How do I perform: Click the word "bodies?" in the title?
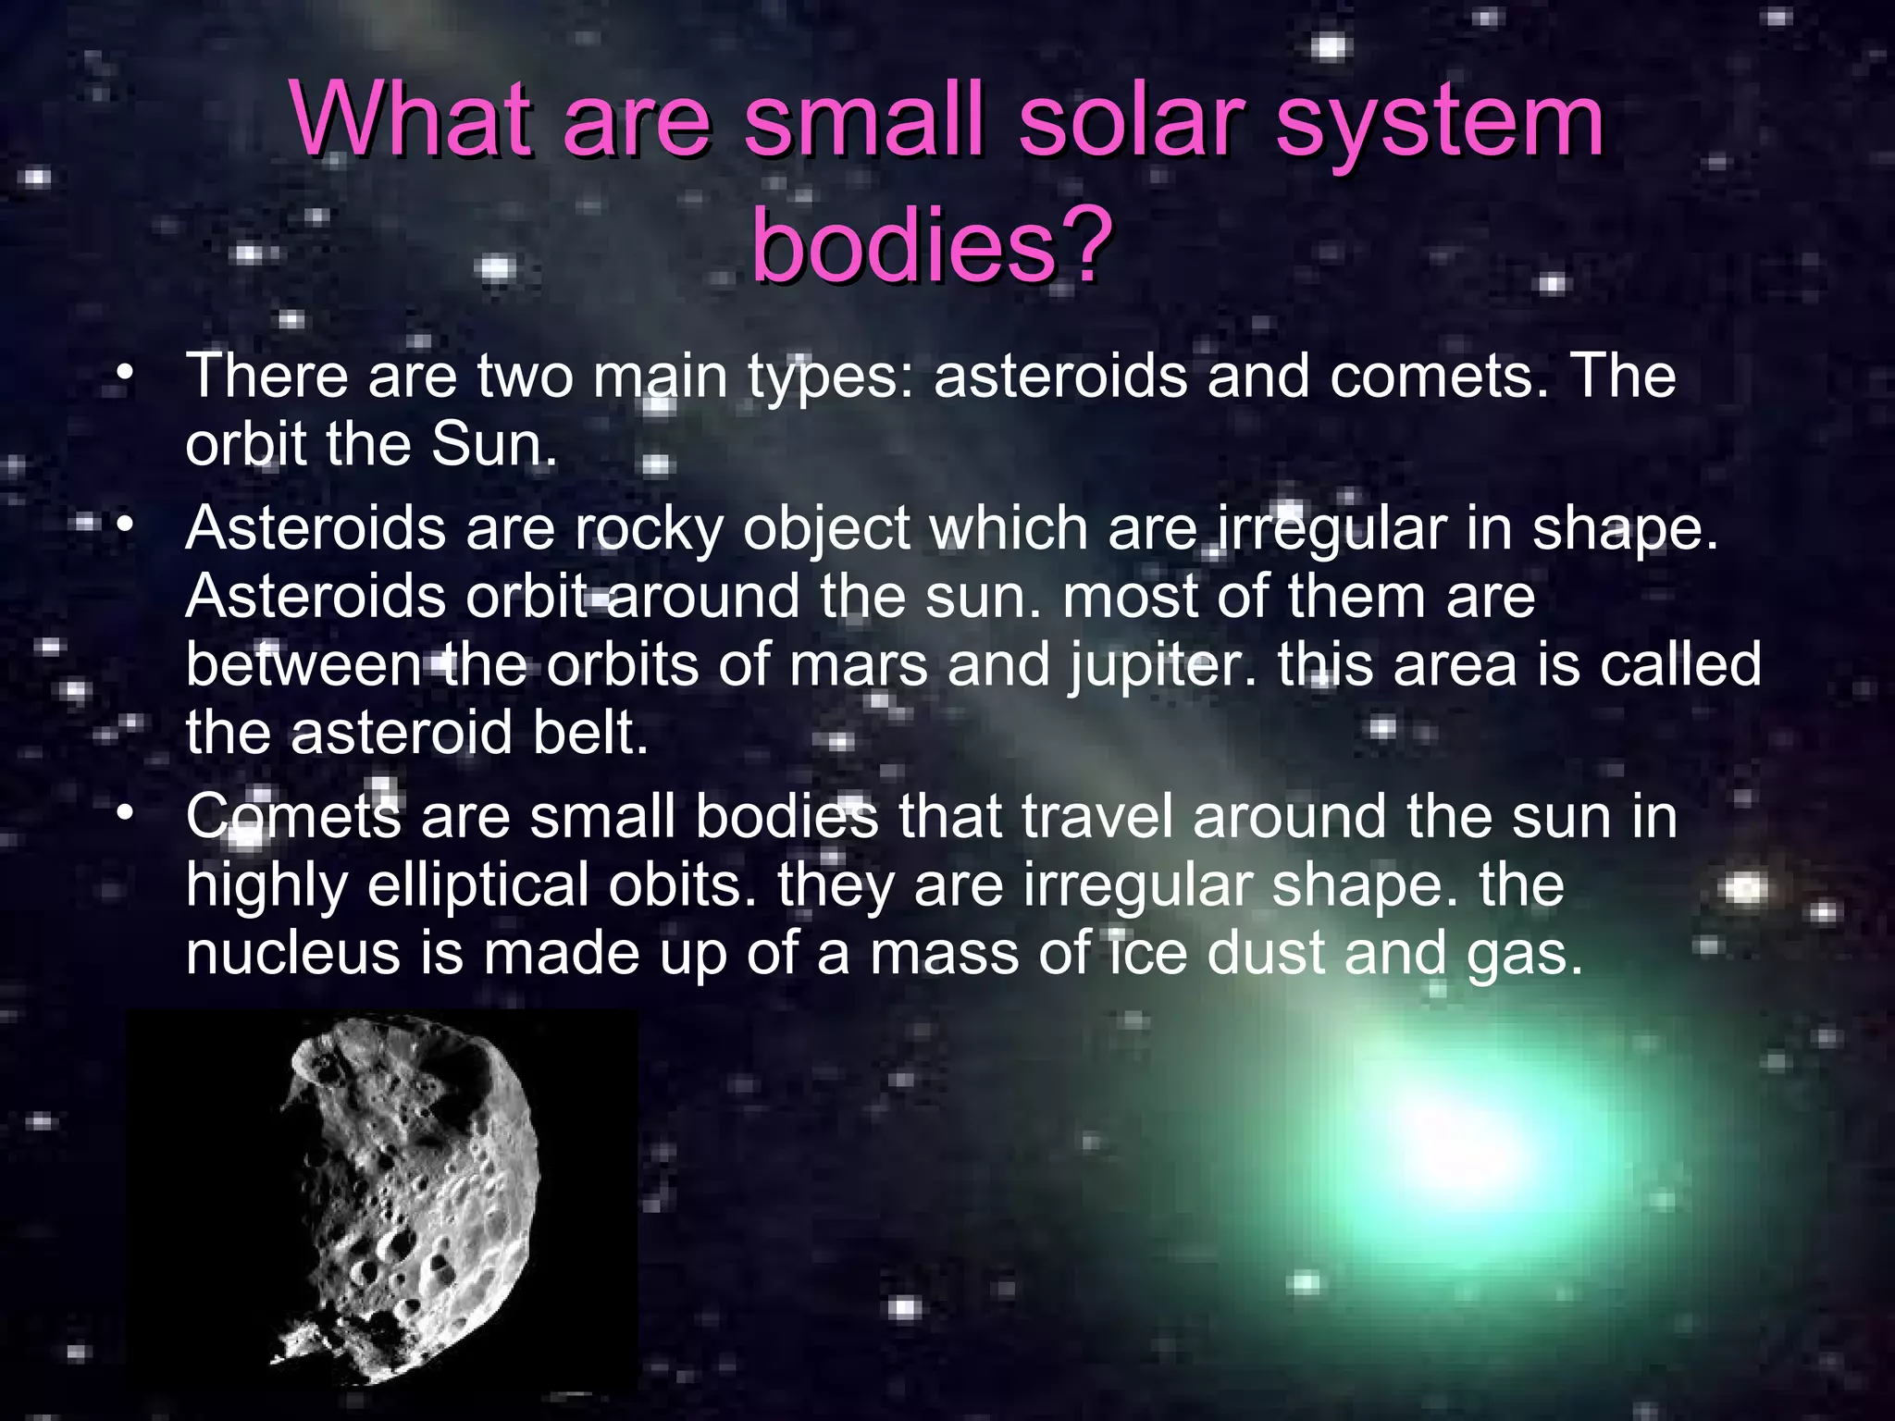click(930, 243)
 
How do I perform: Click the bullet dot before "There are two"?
click(126, 376)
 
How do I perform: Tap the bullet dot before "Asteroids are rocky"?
click(126, 527)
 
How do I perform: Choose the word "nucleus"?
click(292, 954)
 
